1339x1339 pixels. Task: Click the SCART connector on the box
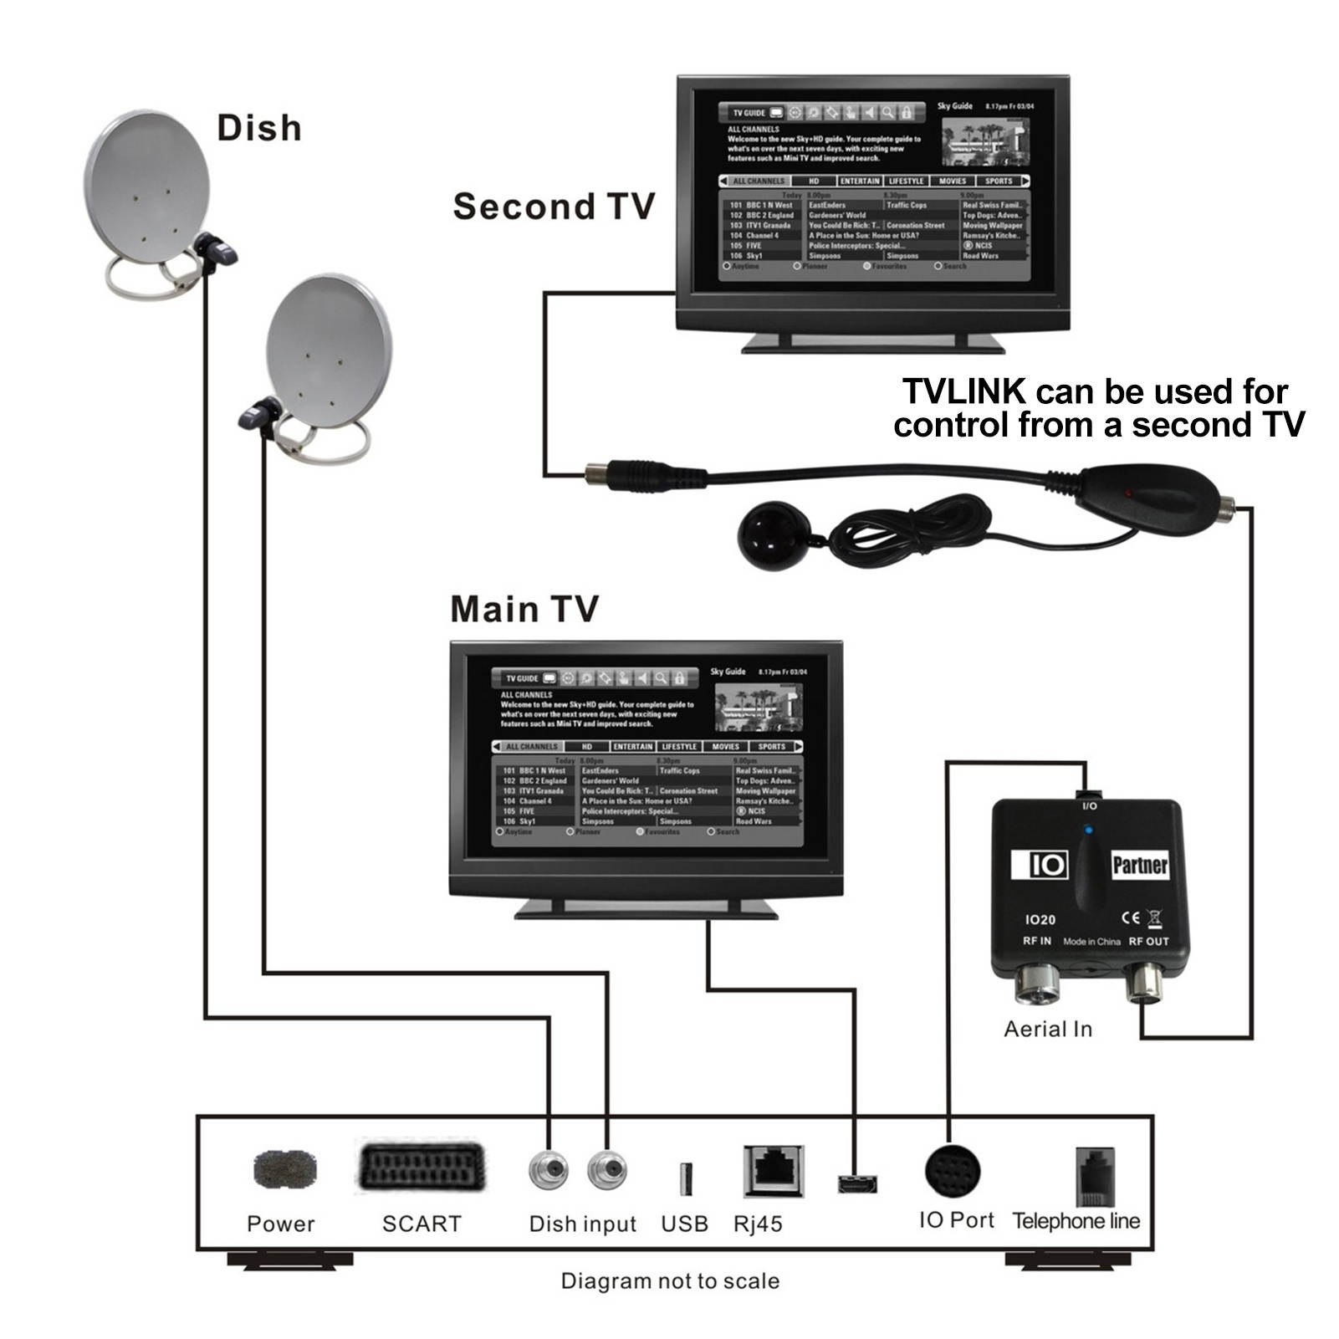[422, 1166]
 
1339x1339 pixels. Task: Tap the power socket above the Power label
[284, 1168]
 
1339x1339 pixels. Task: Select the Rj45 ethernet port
[773, 1171]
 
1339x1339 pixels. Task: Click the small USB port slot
[685, 1178]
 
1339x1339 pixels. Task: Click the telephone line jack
[1094, 1175]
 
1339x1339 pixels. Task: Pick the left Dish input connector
[549, 1170]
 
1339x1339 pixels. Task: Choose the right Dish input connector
[607, 1170]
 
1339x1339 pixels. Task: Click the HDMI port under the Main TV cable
[857, 1183]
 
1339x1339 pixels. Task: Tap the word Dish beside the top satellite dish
[259, 128]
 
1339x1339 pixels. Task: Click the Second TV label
[553, 207]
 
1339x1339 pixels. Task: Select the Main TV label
[524, 609]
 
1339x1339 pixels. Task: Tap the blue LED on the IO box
[1087, 830]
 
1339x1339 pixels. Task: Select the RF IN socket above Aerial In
[1038, 984]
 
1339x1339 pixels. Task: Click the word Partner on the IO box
[1139, 865]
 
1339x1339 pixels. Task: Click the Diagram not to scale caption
[670, 1281]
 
